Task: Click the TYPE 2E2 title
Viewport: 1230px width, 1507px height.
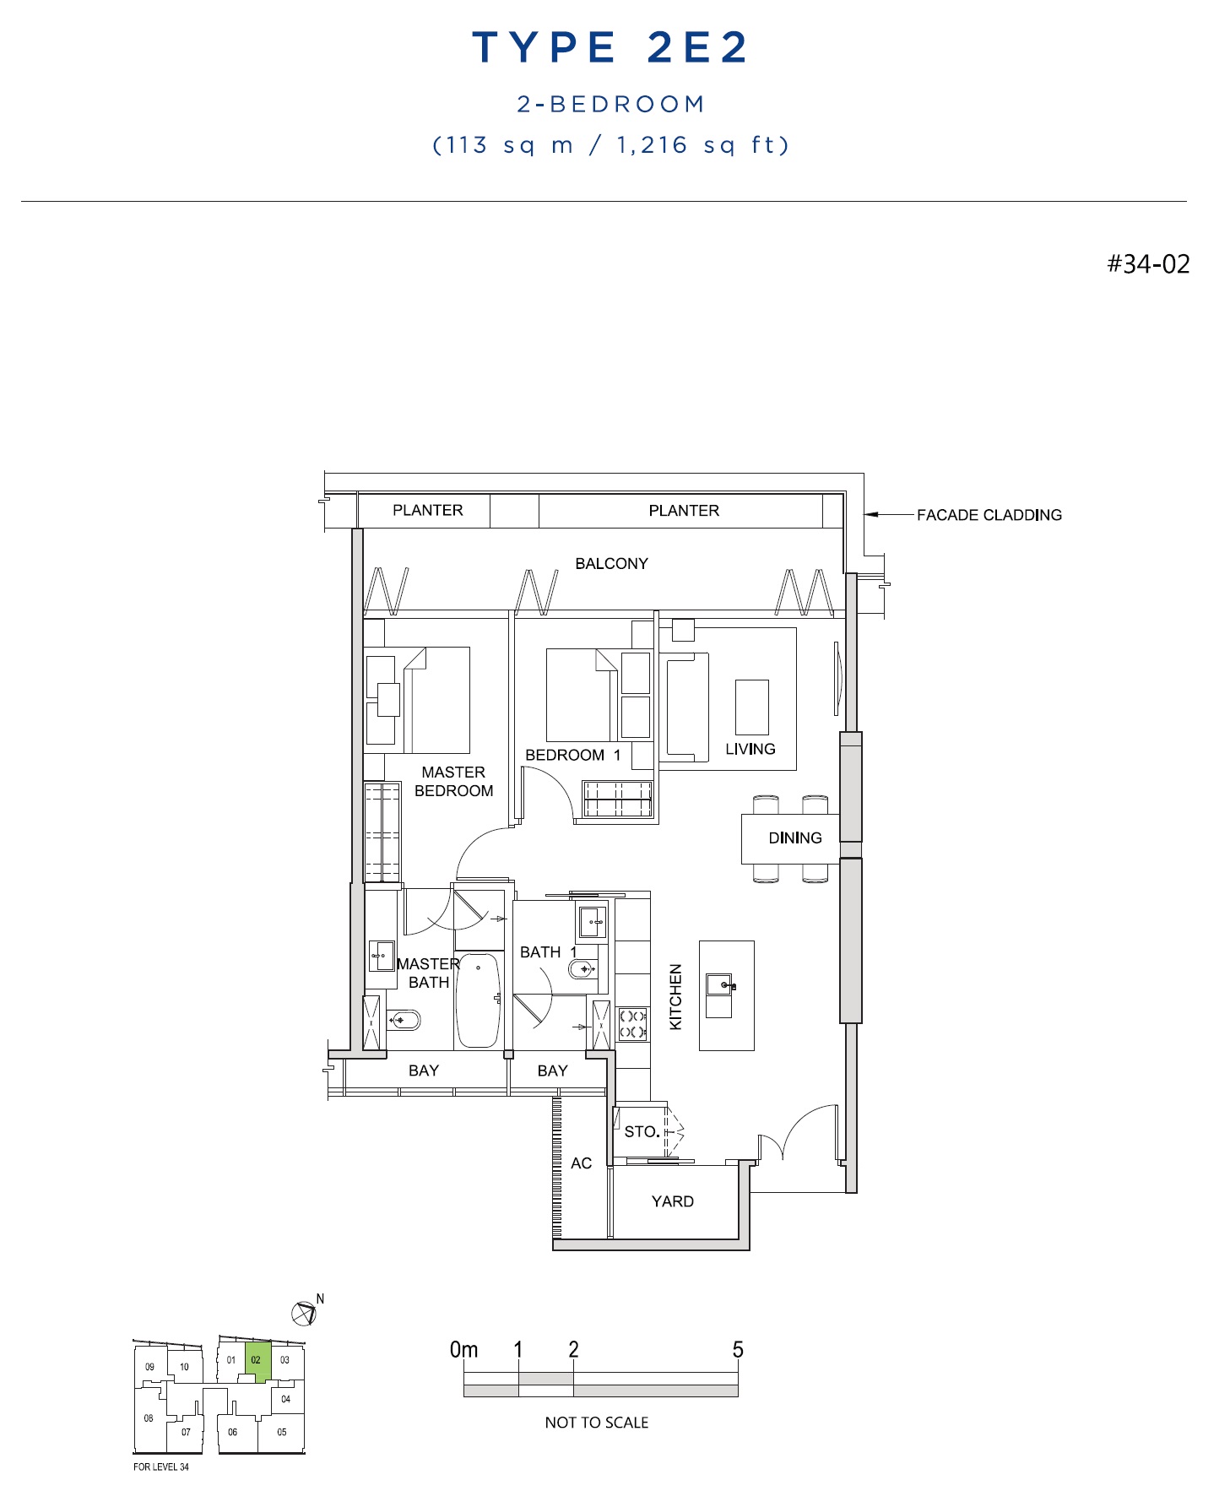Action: [x=610, y=47]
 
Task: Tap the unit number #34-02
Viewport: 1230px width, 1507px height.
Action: [x=1148, y=264]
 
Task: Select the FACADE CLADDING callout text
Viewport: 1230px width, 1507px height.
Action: [x=989, y=515]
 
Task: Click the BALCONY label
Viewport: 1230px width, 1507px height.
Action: [x=611, y=563]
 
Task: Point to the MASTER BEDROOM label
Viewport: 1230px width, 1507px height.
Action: [x=453, y=782]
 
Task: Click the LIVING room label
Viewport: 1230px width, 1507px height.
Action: [x=750, y=749]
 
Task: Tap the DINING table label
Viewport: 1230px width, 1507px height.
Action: [x=794, y=838]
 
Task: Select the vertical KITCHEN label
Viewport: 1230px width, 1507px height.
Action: [x=675, y=997]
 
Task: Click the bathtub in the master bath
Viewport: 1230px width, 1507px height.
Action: [x=478, y=1000]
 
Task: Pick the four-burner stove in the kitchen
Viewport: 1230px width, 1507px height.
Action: [x=632, y=1024]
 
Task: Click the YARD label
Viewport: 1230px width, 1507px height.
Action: [x=672, y=1201]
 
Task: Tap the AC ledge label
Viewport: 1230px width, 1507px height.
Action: [x=581, y=1163]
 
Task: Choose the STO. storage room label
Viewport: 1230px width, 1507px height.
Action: [x=642, y=1131]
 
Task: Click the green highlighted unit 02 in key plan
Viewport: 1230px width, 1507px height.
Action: [x=257, y=1360]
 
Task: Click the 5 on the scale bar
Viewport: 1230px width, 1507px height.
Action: [x=738, y=1349]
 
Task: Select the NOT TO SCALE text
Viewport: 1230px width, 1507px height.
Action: [x=597, y=1423]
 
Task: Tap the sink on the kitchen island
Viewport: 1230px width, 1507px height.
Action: [x=719, y=984]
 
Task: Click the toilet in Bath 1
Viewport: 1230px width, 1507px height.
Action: [x=583, y=968]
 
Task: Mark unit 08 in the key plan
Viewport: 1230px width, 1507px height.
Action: [x=149, y=1418]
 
